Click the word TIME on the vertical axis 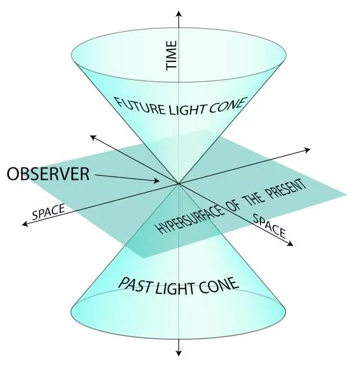click(172, 55)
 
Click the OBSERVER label click(48, 174)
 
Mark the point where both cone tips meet click(179, 183)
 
